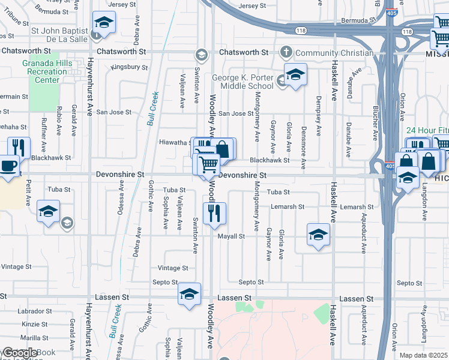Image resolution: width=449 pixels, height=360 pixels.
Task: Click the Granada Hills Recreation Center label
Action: tap(43, 72)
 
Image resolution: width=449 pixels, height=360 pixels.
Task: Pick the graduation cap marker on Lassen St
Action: tap(189, 294)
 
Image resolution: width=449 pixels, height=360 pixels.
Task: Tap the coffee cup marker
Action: tap(9, 166)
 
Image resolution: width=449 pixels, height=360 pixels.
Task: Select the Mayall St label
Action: tap(232, 236)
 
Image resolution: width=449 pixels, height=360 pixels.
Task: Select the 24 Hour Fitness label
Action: tap(427, 131)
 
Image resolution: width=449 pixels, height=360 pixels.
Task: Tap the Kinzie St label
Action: tap(30, 324)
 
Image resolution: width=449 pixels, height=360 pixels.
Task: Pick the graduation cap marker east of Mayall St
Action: tap(318, 234)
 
